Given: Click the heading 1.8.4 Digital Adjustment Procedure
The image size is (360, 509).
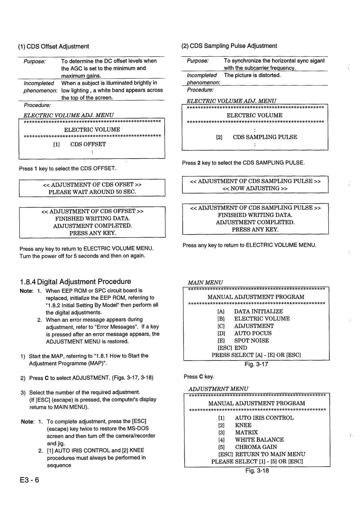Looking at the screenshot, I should (75, 281).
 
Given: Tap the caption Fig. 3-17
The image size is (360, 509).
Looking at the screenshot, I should (256, 364).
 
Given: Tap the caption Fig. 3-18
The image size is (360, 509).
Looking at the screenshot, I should (257, 470).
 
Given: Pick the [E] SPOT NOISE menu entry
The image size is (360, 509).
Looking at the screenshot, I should (243, 340).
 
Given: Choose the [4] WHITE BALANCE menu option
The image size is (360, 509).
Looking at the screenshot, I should (251, 440).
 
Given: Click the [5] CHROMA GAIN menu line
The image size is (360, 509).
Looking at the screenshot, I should (248, 447).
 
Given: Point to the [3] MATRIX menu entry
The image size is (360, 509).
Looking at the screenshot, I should (238, 432).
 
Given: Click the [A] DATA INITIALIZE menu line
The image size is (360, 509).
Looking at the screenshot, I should (250, 311).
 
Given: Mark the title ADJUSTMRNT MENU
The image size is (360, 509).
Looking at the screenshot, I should (218, 389).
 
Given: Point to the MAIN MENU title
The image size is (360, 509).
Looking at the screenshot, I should (205, 282).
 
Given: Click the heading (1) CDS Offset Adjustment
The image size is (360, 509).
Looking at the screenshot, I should (54, 46).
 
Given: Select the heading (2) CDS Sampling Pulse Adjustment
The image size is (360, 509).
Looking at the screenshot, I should (229, 46).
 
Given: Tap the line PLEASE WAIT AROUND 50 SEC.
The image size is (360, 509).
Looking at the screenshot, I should (92, 192).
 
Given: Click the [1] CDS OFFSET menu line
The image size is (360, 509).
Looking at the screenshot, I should (79, 144).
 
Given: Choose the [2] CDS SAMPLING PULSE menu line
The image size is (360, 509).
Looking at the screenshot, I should (256, 137).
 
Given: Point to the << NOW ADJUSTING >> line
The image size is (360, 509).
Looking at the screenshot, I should (255, 188).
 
